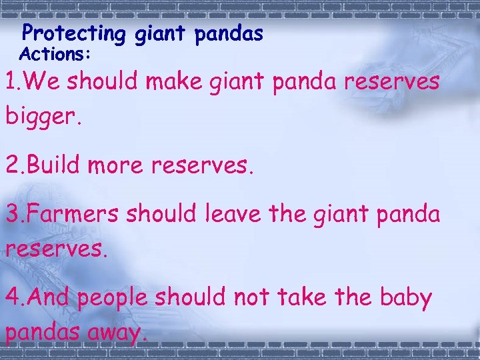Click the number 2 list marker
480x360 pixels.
(12, 165)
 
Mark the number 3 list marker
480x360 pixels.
(12, 215)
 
